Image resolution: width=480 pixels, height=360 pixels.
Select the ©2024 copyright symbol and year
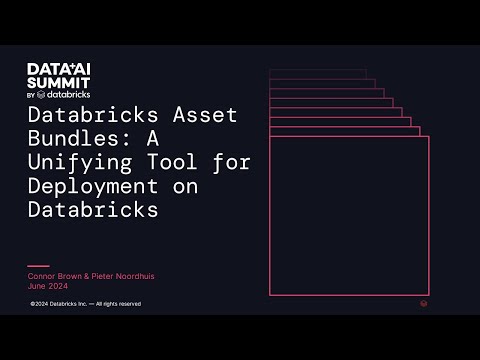click(x=40, y=303)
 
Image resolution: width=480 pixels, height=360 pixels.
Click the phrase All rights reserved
click(x=119, y=303)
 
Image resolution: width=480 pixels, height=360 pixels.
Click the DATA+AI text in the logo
click(x=58, y=69)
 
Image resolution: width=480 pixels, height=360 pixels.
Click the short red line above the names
click(x=38, y=266)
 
